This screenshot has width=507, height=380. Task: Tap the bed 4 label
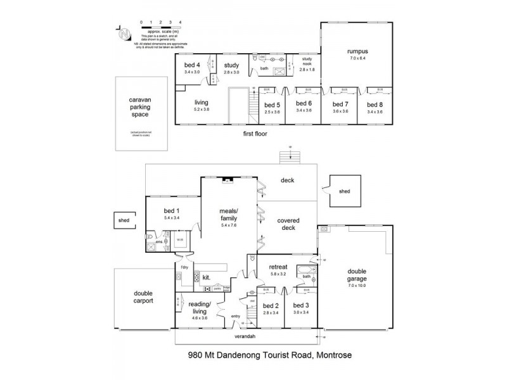(192, 65)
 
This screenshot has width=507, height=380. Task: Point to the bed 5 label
(271, 104)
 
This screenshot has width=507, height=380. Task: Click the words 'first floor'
(257, 135)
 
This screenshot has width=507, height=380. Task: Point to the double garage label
(357, 274)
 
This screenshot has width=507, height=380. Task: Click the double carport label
(145, 297)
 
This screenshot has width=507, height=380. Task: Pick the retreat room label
(279, 267)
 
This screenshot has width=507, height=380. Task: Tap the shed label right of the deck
(344, 191)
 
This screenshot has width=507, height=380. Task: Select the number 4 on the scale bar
(181, 22)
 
